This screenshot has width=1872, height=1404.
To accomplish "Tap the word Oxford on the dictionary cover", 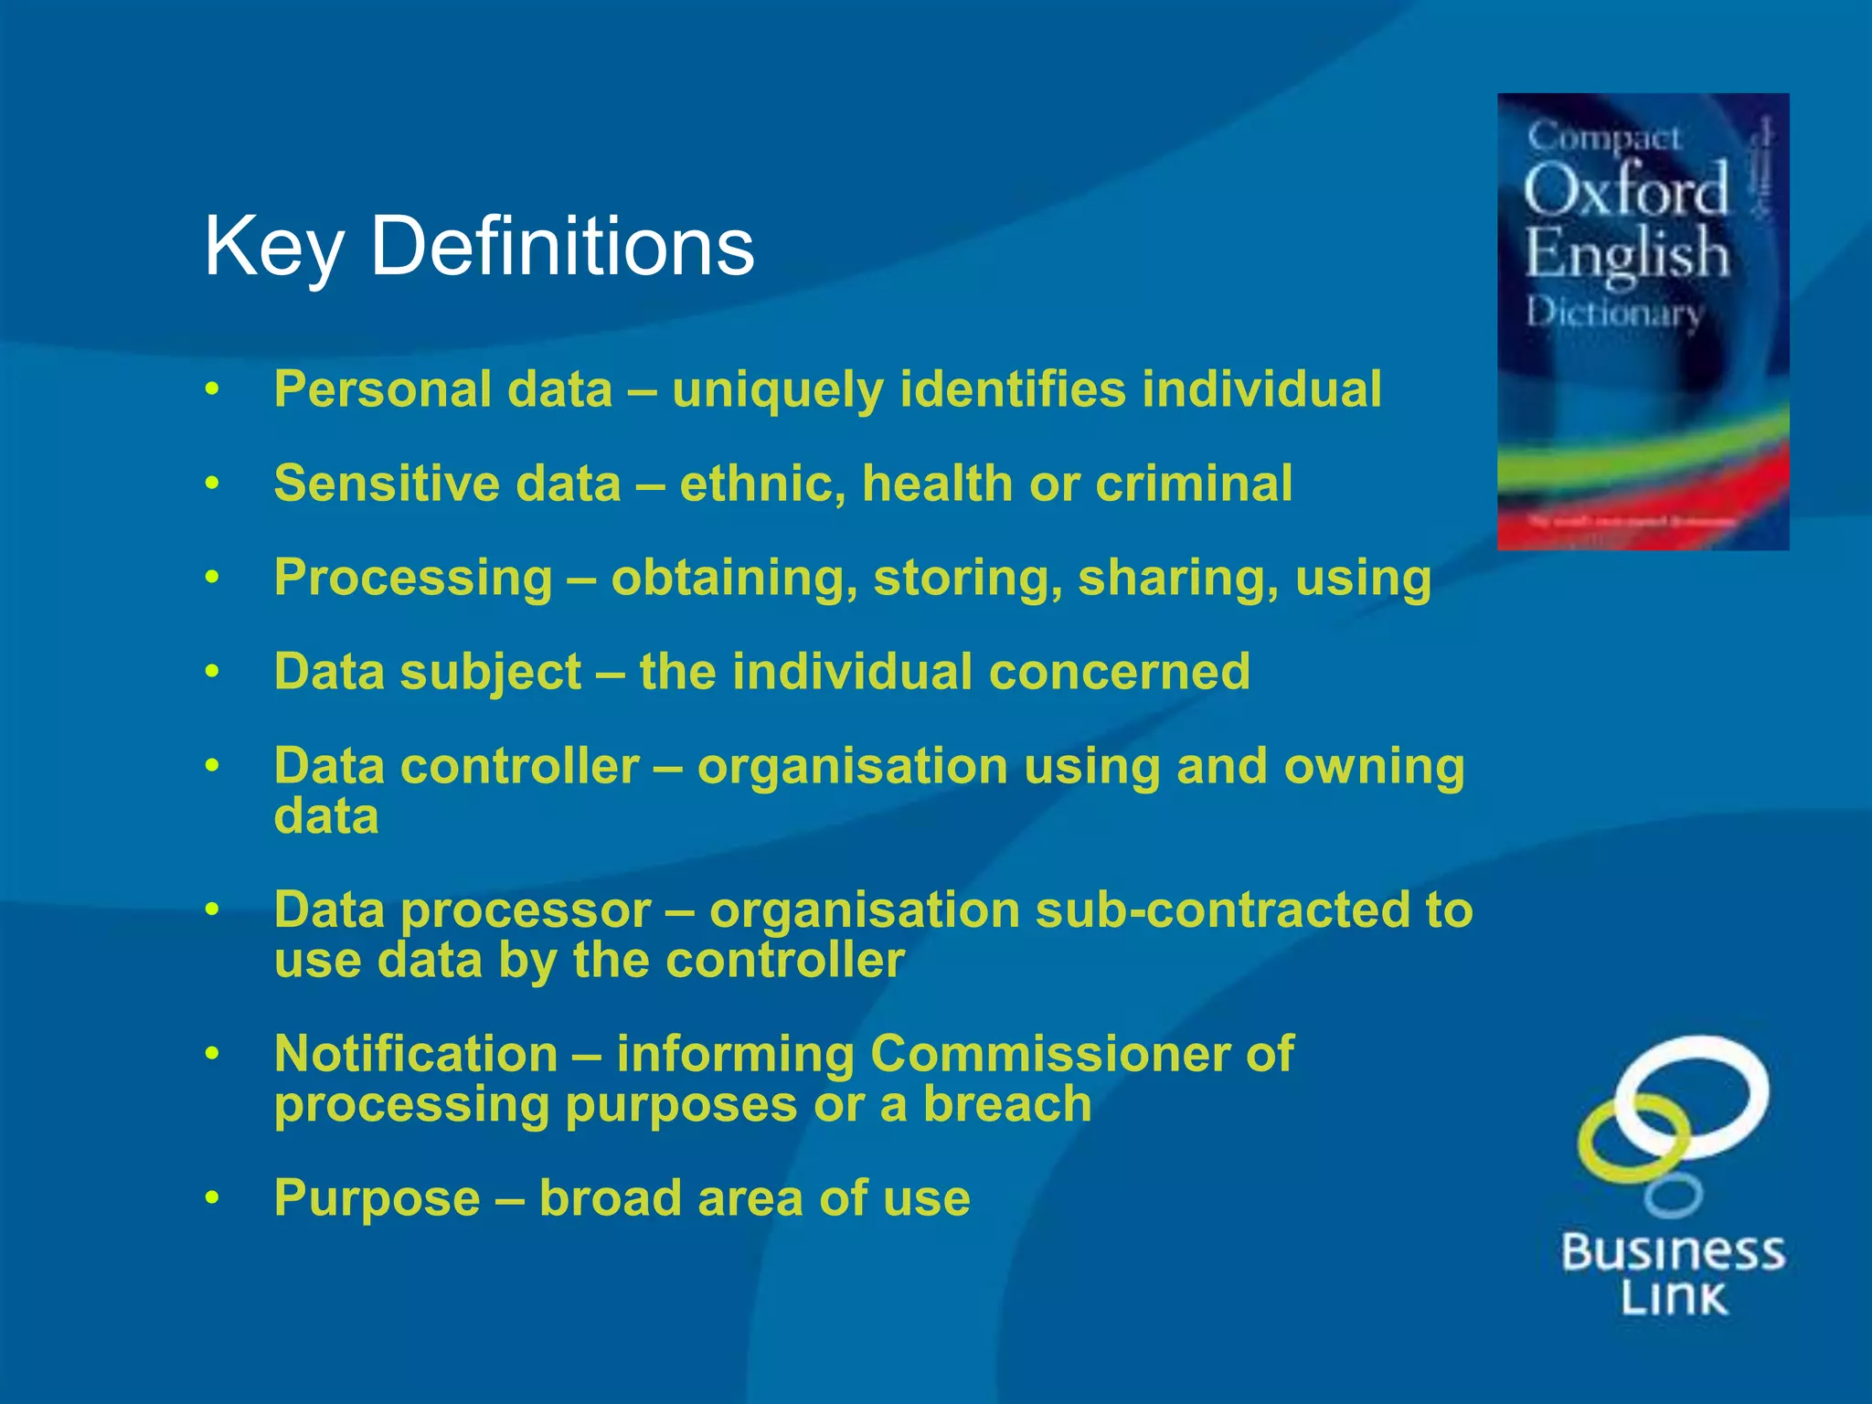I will (1626, 191).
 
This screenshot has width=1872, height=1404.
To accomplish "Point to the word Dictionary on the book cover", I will (1613, 314).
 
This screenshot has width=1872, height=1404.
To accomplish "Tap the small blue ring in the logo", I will (1673, 1196).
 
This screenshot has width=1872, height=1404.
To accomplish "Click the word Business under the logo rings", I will (1673, 1251).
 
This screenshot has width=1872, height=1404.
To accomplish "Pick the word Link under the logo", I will (1674, 1298).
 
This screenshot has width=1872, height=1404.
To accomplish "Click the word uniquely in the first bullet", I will (778, 390).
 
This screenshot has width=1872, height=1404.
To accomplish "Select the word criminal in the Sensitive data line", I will (1194, 484).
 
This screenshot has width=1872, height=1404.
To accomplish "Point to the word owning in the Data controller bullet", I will (1374, 766).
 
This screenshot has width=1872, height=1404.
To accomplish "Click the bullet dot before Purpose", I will (212, 1197).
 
